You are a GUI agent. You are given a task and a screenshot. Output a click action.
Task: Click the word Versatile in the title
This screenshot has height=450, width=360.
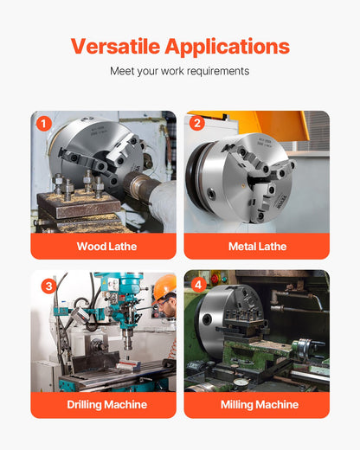coord(115,47)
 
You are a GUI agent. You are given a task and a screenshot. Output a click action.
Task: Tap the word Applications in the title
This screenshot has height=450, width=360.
coord(228,47)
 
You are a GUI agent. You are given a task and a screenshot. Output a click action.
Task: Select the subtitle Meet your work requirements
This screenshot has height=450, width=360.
coord(180,71)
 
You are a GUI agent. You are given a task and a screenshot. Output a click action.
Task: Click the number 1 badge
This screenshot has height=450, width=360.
coord(44,124)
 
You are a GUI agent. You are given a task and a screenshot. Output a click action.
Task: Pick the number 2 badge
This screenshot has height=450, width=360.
coord(197,123)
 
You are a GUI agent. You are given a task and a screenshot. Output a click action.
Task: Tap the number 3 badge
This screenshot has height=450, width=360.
coord(48,286)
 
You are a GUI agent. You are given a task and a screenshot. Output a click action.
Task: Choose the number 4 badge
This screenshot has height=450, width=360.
coord(198,285)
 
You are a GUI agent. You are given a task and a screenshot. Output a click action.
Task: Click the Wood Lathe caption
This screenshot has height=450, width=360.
coord(106,247)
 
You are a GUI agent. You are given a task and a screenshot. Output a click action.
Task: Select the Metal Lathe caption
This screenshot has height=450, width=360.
coord(257,247)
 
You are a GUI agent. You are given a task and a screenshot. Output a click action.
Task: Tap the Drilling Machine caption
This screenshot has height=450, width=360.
coord(107,404)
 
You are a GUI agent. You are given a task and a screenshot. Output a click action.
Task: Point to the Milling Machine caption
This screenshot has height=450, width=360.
coord(260,404)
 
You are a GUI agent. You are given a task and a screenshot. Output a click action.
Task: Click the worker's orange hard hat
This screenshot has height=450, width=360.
coord(164,286)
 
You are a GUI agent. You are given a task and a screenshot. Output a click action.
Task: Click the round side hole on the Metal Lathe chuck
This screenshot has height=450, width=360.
coord(211,194)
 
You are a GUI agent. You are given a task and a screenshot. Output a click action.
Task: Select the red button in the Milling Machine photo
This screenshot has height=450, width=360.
coord(215,279)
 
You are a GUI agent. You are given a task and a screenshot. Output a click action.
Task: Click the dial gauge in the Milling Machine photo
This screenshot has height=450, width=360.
coord(239,383)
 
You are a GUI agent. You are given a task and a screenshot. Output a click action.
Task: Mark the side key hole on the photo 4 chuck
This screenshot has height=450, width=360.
coord(208,319)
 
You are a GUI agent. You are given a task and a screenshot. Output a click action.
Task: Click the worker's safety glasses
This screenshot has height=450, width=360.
coord(164,302)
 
